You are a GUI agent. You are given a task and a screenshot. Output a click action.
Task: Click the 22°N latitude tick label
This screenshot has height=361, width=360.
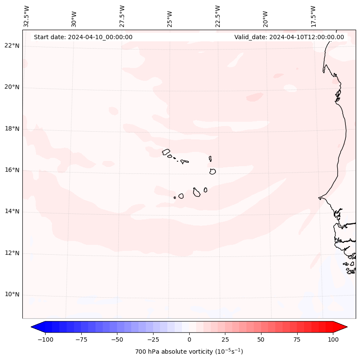(x=12, y=46)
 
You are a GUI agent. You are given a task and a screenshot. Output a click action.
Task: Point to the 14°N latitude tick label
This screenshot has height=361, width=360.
(x=12, y=212)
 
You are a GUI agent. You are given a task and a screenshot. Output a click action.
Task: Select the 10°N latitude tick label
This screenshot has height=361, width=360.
(x=12, y=295)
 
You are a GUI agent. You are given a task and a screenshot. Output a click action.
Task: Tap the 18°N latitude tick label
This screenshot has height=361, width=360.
(x=12, y=129)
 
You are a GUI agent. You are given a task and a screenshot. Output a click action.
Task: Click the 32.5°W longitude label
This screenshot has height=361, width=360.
(x=27, y=16)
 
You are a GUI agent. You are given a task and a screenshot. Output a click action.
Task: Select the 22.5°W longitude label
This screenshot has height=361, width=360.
(x=218, y=16)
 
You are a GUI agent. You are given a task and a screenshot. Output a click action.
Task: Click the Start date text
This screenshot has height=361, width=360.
(x=83, y=37)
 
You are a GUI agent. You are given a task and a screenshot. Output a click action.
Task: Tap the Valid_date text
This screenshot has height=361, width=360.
(x=289, y=37)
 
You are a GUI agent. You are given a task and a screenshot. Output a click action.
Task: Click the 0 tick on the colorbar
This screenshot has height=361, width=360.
(x=189, y=339)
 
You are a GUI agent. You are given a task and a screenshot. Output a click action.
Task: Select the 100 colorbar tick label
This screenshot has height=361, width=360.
(x=332, y=339)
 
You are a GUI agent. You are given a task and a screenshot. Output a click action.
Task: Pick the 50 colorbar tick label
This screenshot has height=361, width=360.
(x=261, y=339)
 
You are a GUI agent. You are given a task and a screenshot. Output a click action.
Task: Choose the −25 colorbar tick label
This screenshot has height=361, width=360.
(x=153, y=339)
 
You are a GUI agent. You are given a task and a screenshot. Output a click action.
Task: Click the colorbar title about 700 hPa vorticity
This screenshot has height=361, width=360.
(x=189, y=352)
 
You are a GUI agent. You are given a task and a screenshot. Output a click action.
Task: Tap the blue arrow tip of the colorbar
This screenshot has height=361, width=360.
(x=33, y=327)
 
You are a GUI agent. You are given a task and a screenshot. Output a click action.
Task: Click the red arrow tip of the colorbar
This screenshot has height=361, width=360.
(x=345, y=327)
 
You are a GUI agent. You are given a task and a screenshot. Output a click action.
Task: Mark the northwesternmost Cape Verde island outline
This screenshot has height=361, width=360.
(x=166, y=152)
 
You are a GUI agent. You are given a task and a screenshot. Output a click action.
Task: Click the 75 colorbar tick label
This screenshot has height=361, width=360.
(x=297, y=339)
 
